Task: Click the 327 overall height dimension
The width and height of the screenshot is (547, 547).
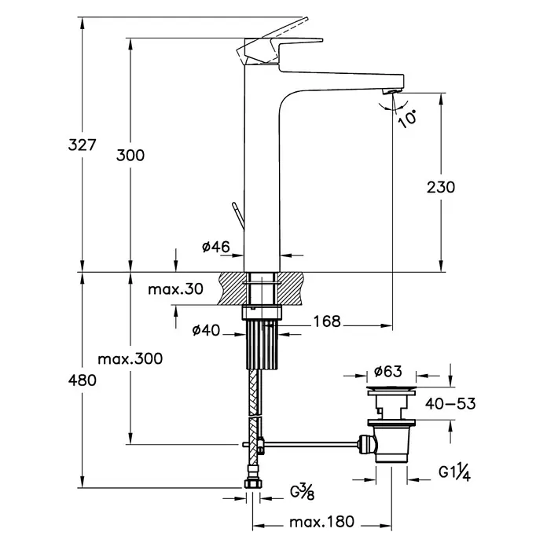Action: coord(82,145)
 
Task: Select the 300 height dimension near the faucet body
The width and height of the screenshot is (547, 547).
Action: coord(130,156)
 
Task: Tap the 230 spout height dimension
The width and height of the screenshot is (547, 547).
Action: coord(441,187)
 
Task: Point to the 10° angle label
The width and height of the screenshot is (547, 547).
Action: coord(408,119)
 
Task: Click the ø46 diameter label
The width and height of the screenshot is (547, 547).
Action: coord(216,247)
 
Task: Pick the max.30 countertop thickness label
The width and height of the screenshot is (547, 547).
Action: coord(175,289)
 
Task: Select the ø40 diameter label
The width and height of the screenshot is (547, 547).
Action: coord(206,330)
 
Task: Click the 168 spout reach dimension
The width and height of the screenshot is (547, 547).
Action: coord(327,321)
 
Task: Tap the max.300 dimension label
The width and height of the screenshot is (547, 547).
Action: coord(130,359)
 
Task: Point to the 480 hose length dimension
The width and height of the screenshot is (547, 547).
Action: coord(83,380)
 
